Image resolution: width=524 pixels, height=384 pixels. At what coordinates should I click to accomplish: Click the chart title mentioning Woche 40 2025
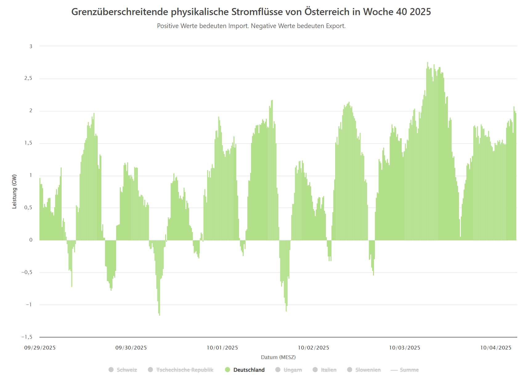point(251,12)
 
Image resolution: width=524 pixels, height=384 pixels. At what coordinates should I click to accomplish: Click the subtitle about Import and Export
point(251,26)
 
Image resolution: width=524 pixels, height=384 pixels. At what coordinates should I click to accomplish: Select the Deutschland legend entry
point(249,370)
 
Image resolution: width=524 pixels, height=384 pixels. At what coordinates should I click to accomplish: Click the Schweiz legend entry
point(127,370)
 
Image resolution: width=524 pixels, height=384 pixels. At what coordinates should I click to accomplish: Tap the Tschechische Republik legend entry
point(185,370)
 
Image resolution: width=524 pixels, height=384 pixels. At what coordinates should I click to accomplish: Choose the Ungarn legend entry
point(292,370)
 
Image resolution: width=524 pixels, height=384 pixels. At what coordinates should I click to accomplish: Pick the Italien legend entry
point(328,370)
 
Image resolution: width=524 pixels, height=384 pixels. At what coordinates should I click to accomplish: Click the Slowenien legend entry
point(368,370)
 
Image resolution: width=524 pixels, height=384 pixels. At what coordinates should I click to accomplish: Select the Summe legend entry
point(409,370)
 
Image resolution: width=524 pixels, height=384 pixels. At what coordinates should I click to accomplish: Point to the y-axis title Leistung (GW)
point(14,191)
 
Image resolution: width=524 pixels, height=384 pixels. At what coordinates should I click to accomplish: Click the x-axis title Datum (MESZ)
point(278,357)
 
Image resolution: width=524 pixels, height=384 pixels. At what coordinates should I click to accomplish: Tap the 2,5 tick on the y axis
point(28,78)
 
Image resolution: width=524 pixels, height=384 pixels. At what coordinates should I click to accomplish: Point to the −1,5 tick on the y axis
point(27,337)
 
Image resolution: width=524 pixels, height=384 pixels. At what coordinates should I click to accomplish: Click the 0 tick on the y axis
point(31,240)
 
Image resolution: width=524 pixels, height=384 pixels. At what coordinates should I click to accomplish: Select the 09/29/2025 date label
point(40,348)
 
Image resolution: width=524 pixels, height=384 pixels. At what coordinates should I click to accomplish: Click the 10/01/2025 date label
point(222,348)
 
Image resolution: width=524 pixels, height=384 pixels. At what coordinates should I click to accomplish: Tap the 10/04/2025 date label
point(496,348)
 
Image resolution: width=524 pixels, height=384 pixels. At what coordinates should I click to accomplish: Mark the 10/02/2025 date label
point(313,348)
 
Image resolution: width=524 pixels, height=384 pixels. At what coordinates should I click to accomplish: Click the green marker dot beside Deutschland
point(228,370)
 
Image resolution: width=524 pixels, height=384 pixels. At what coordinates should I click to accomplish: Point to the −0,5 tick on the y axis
point(27,272)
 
